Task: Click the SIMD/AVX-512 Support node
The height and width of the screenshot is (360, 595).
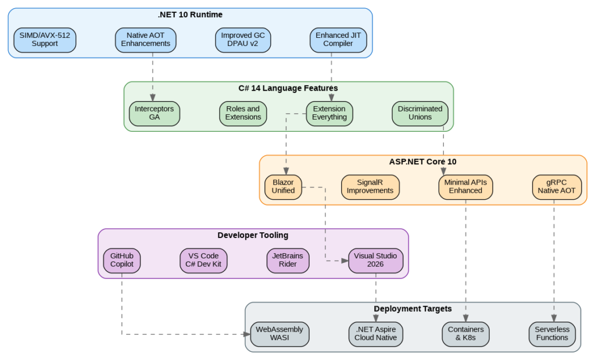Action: [x=45, y=39]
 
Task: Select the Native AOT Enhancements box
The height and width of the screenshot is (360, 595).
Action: [x=145, y=39]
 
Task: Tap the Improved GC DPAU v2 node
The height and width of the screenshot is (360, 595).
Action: [x=243, y=39]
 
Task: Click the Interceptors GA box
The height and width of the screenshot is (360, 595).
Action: [x=155, y=113]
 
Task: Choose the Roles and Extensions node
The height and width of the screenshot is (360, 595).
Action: [x=243, y=113]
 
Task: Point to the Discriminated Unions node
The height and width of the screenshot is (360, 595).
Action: [x=420, y=113]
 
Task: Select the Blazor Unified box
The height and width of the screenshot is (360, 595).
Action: [x=284, y=186]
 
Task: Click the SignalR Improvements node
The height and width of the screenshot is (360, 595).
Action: [x=370, y=186]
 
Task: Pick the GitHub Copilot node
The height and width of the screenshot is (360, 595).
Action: [x=122, y=260]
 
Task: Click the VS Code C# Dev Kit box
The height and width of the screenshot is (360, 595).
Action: [x=203, y=260]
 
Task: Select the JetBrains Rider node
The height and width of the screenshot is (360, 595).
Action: [x=288, y=260]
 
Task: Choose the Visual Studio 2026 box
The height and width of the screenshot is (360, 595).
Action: [x=376, y=260]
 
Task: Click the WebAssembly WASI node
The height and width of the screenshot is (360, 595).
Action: [x=279, y=334]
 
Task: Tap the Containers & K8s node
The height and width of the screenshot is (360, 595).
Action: [x=465, y=334]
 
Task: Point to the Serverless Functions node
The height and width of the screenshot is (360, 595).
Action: [x=552, y=334]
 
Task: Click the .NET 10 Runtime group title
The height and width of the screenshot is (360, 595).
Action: [x=190, y=15]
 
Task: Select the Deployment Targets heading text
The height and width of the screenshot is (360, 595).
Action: [x=413, y=309]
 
